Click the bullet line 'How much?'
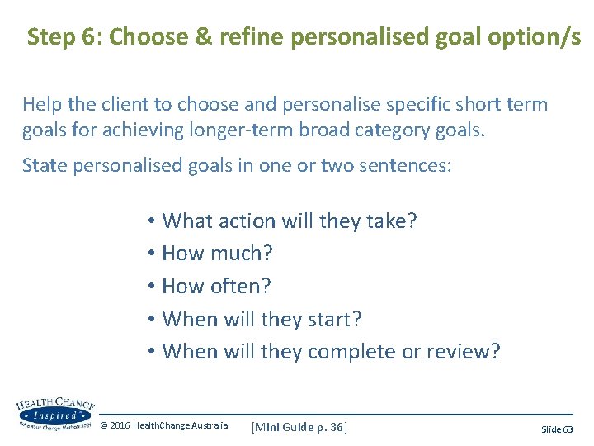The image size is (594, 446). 217,254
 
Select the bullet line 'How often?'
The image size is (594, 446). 217,287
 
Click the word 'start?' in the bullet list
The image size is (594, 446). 334,319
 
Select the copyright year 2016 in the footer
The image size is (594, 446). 120,426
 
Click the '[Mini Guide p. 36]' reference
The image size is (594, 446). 299,426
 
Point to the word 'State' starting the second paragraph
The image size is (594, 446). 43,165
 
